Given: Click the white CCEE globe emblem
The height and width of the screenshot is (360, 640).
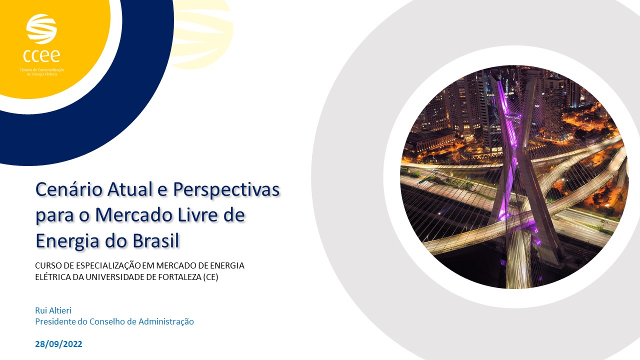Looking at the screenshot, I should tap(41, 29).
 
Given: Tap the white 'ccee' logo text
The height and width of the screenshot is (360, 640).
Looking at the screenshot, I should tap(41, 54).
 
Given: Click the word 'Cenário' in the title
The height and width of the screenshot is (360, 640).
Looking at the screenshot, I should tap(66, 190).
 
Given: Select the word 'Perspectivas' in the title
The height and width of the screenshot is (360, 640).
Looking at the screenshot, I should tap(226, 190).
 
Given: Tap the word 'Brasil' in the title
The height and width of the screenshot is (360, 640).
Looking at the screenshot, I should tap(153, 241).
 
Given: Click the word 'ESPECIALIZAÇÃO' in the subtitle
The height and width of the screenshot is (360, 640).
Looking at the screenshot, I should tap(100, 265).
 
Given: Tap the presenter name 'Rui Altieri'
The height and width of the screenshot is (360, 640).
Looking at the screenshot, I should tap(53, 310).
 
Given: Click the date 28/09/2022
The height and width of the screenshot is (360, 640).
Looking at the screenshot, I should tap(58, 344).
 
